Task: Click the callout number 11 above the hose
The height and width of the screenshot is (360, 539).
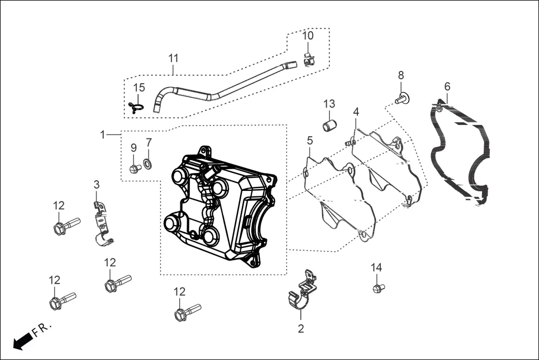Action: click(173, 58)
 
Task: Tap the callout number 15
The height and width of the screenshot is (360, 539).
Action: click(139, 87)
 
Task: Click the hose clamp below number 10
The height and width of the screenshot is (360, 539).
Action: click(308, 58)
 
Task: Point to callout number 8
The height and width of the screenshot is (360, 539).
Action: click(400, 75)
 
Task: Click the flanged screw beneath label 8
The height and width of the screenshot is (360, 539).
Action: click(402, 99)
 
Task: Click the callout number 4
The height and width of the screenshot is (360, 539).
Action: click(356, 112)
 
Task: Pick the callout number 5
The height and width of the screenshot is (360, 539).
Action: click(309, 141)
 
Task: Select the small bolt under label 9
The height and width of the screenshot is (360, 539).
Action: click(134, 169)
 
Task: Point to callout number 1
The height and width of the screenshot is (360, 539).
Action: click(102, 135)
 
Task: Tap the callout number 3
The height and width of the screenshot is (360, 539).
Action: click(96, 184)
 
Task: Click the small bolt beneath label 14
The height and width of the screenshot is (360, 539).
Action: click(378, 288)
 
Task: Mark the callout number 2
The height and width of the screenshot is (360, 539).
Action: click(300, 329)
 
